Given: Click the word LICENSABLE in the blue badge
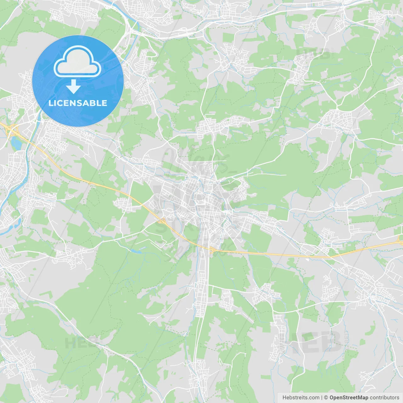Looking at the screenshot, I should click(78, 103).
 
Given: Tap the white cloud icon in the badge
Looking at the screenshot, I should click(77, 61).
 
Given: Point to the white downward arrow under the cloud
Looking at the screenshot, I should click(74, 87).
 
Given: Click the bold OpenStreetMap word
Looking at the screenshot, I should click(349, 398).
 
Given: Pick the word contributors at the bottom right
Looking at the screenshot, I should click(384, 398).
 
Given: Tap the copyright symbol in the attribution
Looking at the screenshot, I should click(326, 398).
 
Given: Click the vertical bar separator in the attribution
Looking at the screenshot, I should click(322, 398).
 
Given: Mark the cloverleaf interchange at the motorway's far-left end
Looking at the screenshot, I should click(13, 129).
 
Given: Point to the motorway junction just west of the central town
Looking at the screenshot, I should click(162, 221).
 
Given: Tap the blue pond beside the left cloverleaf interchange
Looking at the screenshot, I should click(16, 143).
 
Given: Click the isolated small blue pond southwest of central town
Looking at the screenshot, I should click(136, 251).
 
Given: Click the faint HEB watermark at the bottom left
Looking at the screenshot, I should click(79, 343).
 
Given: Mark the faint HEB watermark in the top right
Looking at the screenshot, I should click(313, 54).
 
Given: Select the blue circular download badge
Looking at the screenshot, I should click(78, 81).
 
